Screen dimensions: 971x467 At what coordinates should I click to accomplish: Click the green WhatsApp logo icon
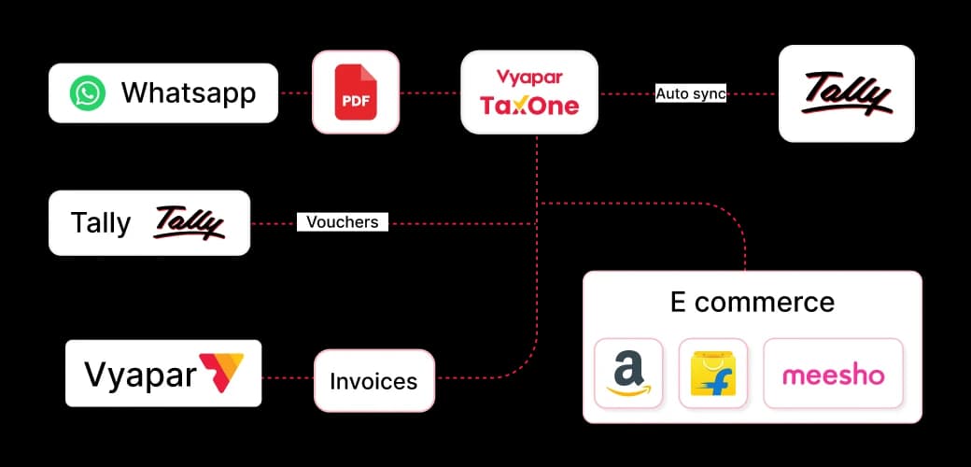coord(88,92)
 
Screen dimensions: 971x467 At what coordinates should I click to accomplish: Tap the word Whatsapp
coord(189,92)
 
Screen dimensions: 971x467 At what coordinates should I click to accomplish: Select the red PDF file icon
coord(356,92)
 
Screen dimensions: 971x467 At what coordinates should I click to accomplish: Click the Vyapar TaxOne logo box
coord(529,92)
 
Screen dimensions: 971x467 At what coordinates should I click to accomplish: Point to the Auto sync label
coord(691,94)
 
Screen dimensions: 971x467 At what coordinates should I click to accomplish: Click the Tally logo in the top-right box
coord(847,94)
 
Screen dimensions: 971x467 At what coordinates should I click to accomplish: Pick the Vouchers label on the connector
coord(343,222)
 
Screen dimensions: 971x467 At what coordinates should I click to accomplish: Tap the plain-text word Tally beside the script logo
coord(101,223)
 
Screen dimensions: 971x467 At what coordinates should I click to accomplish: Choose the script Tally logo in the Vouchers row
coord(189,223)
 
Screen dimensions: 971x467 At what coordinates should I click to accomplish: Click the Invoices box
coord(374,380)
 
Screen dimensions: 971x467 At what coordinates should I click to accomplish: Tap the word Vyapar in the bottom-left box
coord(140,375)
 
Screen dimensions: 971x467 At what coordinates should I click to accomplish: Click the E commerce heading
coord(753,303)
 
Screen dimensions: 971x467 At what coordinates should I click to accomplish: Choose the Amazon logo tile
coord(628,373)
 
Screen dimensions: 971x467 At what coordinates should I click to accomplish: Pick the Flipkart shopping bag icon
coord(712,373)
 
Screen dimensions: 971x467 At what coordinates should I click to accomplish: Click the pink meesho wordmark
coord(834,375)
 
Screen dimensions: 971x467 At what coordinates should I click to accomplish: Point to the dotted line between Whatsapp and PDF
coord(295,92)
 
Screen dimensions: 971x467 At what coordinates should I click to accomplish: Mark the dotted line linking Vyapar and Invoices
coord(288,378)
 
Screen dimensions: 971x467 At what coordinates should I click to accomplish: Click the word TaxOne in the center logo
coord(529,106)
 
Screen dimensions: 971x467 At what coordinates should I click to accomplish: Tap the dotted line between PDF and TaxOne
coord(429,92)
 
